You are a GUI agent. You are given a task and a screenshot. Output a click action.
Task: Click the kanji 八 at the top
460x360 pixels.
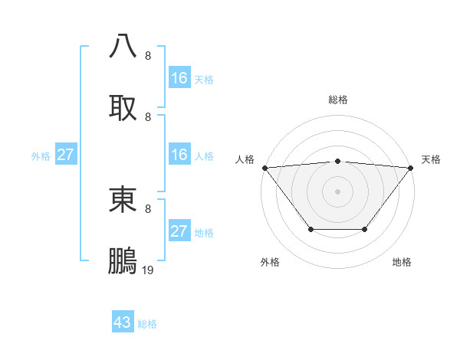[x=123, y=45]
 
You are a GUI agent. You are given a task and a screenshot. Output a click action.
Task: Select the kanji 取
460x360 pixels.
[x=123, y=107]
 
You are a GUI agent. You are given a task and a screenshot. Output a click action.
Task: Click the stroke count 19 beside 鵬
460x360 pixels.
[x=148, y=270]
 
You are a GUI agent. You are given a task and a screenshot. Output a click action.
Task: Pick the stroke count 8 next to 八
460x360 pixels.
[x=148, y=55]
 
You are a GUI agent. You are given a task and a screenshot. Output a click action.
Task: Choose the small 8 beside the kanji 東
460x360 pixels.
[x=148, y=208]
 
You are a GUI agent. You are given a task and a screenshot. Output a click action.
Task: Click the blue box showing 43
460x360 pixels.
[x=123, y=322]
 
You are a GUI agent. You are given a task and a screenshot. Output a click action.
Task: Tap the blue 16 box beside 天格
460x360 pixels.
[x=179, y=78]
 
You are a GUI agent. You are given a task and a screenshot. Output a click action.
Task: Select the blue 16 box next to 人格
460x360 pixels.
[x=179, y=155]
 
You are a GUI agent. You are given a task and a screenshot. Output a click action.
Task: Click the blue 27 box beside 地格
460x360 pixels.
[x=179, y=231]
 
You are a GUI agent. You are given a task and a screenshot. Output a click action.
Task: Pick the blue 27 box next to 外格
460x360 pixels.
[x=65, y=155]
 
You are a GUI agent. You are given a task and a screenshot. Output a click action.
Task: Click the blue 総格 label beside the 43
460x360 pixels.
[x=147, y=324]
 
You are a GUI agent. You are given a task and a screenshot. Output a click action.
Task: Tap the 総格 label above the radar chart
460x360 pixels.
[x=337, y=100]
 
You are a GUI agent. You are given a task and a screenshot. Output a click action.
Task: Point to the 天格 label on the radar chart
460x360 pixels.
[x=431, y=159]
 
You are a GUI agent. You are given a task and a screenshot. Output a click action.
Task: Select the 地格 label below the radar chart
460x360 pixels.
[x=402, y=263]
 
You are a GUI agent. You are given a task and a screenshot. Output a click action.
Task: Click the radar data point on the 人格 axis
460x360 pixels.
[x=264, y=167]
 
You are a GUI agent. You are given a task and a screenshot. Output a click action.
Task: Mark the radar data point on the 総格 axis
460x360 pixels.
[x=337, y=161]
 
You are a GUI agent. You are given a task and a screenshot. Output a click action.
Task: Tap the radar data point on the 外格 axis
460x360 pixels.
[x=310, y=229]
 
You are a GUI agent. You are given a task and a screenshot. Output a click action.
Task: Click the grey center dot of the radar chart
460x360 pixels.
[x=337, y=191]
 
